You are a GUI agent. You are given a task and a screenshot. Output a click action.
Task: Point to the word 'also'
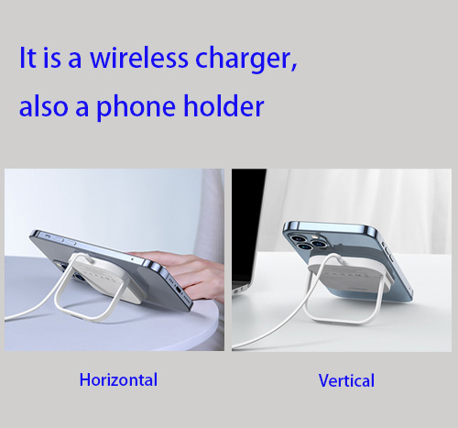pos(42,106)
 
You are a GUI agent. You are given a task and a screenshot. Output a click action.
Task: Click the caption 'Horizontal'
pos(118,379)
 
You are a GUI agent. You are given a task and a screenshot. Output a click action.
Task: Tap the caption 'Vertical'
pos(346,380)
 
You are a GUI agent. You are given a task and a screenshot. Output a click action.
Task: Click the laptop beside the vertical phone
pos(247,238)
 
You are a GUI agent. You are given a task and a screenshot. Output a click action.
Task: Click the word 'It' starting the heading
pos(28,60)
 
